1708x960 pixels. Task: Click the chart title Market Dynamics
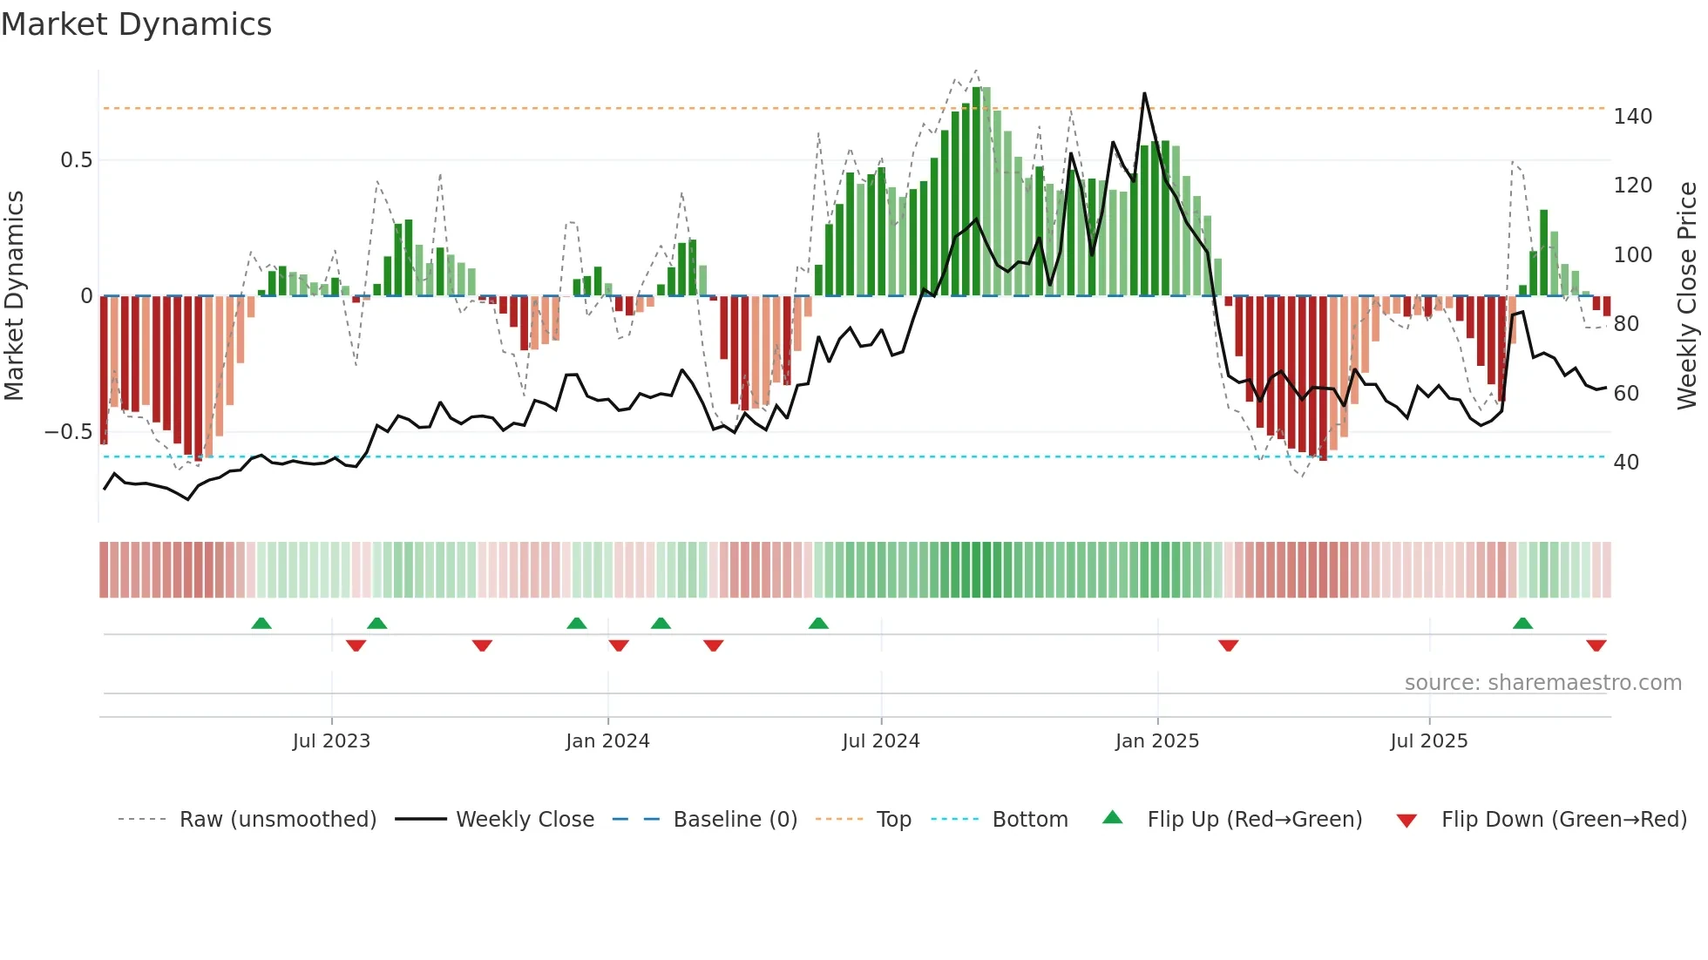tap(136, 24)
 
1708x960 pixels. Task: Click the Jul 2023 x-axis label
tap(331, 741)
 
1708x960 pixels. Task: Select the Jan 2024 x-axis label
tap(607, 741)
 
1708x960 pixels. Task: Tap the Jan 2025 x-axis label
tap(1157, 741)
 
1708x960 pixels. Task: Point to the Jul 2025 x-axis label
tap(1429, 741)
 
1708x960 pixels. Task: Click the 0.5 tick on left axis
tap(76, 160)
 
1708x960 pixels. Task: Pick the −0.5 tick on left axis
tap(68, 432)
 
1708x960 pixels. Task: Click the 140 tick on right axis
tap(1632, 117)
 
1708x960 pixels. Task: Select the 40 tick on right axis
tap(1626, 463)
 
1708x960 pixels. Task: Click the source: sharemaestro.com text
tap(1542, 683)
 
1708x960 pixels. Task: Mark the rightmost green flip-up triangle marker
tap(1522, 624)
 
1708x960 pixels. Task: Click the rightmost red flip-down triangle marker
tap(1596, 646)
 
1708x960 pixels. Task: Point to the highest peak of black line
tap(1144, 93)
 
